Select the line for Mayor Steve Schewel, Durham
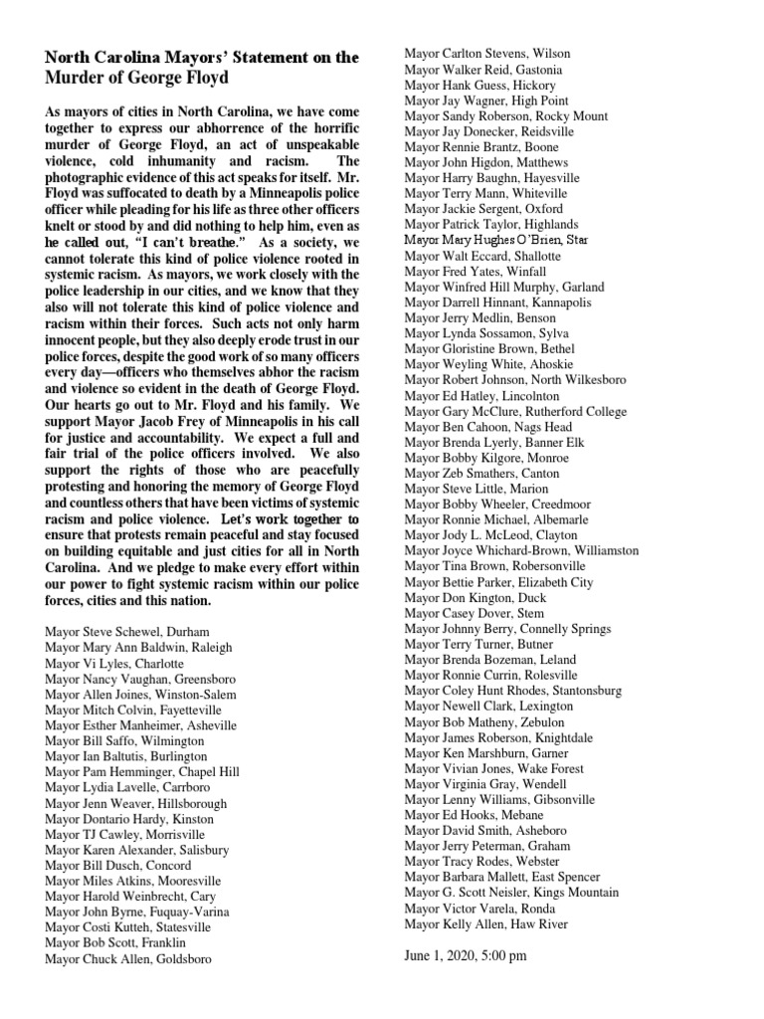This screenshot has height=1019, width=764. (x=121, y=632)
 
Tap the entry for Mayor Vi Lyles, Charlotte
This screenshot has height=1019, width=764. (x=114, y=663)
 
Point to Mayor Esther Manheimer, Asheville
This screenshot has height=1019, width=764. (x=140, y=725)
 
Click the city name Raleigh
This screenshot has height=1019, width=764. (x=209, y=648)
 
